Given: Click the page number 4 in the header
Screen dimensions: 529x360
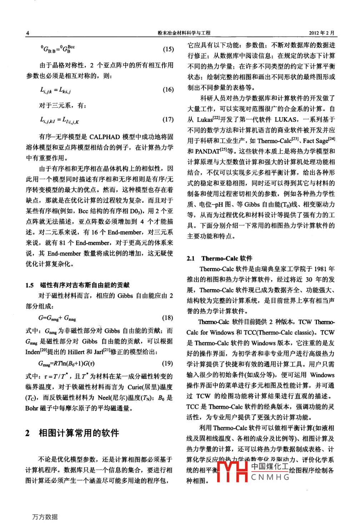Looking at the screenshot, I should [x=27, y=33].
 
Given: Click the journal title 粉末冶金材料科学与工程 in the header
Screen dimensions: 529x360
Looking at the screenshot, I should [x=184, y=33].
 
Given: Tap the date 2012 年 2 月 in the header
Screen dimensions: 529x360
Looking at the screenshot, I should [x=321, y=33].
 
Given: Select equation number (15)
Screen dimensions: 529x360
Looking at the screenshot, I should [x=168, y=49].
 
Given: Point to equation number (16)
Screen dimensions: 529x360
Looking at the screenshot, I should [x=168, y=90].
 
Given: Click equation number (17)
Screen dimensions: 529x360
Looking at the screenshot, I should [x=168, y=120].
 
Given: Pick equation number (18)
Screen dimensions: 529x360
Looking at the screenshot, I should [x=167, y=318].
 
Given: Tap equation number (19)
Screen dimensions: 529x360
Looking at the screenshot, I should [x=167, y=363].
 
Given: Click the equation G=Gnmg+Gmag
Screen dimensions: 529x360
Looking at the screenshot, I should [x=57, y=318].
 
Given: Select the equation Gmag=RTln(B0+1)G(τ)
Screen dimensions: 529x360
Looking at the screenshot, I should [x=66, y=364].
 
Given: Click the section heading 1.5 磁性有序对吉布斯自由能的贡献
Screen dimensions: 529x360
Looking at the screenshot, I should [x=77, y=285].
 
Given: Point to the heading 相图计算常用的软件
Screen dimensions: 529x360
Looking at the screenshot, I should [x=79, y=433].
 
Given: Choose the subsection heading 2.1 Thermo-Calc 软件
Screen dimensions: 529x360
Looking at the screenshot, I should [x=220, y=258].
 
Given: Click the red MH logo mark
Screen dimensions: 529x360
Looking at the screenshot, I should [x=232, y=471].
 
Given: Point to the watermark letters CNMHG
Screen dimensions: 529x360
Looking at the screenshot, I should [x=270, y=477].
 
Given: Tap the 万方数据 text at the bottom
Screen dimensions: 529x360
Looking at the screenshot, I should [x=45, y=517].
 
